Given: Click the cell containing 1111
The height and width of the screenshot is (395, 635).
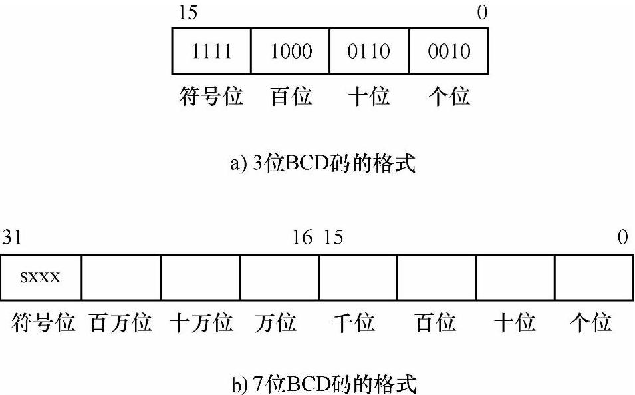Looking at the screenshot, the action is click(x=211, y=51).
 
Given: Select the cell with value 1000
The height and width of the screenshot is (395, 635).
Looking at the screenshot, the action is click(x=291, y=51).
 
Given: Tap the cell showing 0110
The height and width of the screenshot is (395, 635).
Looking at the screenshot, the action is click(x=369, y=51).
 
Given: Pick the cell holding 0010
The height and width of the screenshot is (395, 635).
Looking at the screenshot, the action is click(x=449, y=51).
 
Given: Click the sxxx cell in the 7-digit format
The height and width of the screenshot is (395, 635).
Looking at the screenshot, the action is click(x=41, y=276).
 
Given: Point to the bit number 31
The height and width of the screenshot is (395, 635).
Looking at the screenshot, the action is click(x=11, y=238).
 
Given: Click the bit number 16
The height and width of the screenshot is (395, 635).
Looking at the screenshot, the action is click(x=303, y=238).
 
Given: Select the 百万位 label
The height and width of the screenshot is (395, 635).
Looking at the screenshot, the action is click(x=121, y=324).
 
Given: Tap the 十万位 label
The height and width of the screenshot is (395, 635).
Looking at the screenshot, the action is click(x=201, y=324).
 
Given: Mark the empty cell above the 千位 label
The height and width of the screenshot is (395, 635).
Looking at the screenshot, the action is click(x=358, y=276).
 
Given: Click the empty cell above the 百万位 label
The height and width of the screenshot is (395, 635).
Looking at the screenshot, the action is click(x=121, y=276).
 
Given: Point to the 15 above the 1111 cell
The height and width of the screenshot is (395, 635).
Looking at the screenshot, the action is click(x=188, y=13).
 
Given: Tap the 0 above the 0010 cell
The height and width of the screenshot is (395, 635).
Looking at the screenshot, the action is click(x=482, y=13).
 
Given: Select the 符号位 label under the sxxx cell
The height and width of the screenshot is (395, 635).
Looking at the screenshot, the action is click(x=42, y=324).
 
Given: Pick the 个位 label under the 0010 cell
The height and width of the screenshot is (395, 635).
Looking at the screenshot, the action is click(x=448, y=97).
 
